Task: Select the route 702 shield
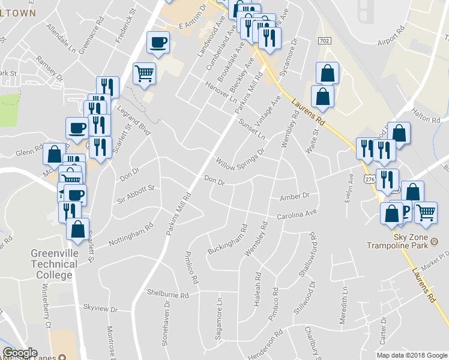pos(324,40)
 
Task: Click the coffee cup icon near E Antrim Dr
pos(158,42)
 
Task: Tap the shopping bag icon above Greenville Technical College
pos(77,229)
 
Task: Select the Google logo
pos(20,353)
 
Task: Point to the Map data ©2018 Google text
pos(412,355)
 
